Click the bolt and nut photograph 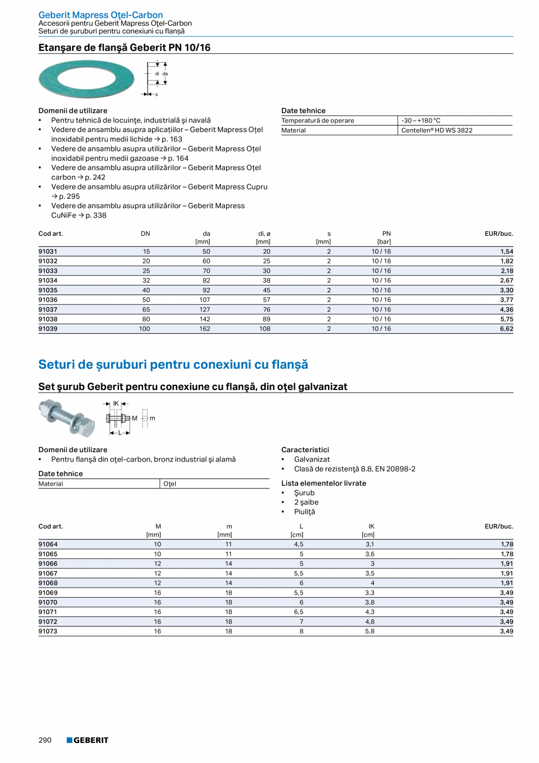[66, 417]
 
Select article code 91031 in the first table [48, 252]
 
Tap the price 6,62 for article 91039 [506, 329]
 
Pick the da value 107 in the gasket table [204, 300]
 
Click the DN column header [145, 233]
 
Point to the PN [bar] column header [386, 237]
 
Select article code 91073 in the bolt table [48, 631]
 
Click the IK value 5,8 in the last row [369, 631]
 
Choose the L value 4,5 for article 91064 [298, 544]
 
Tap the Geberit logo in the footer [87, 740]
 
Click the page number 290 [45, 740]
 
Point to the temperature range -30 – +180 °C [421, 121]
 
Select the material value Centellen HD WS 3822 [436, 130]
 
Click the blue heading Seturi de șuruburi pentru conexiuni [173, 364]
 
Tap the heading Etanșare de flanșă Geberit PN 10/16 [124, 48]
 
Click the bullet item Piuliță [304, 512]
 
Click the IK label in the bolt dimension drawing [116, 403]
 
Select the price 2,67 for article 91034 [506, 280]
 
